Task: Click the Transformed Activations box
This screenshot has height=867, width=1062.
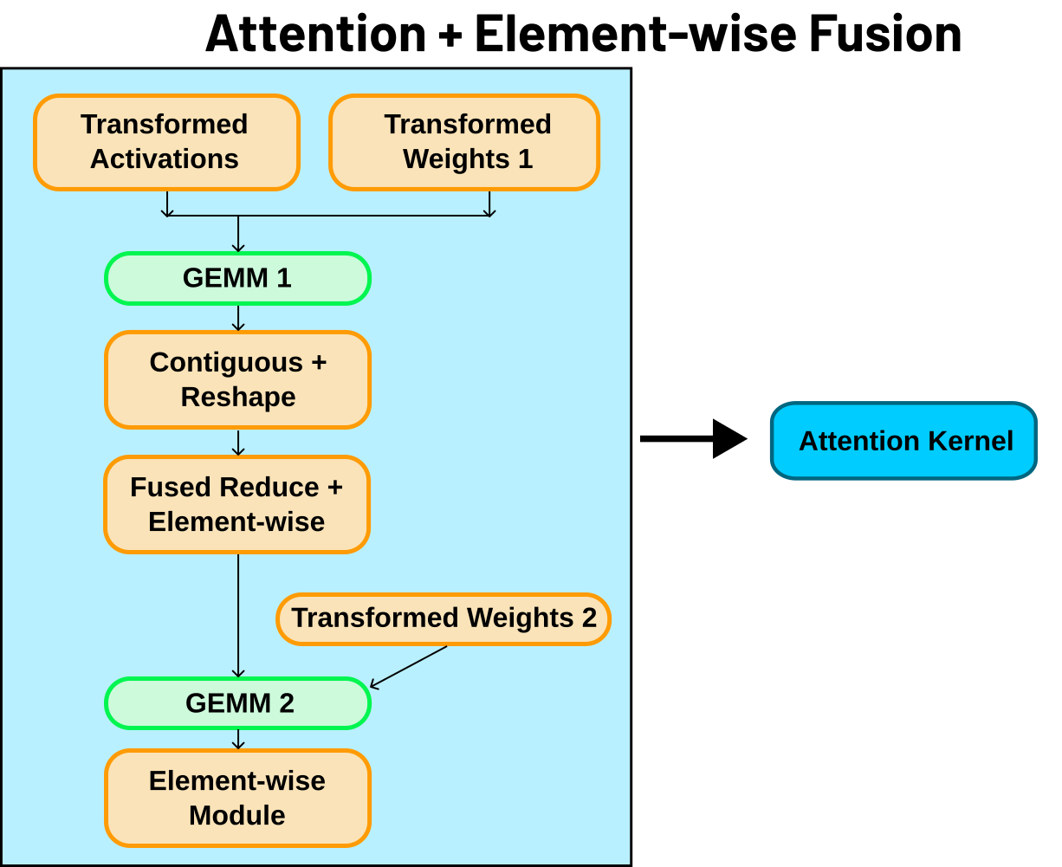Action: tap(166, 142)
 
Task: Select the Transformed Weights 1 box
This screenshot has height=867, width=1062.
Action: tap(464, 142)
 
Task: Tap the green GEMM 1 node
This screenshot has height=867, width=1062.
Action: tap(237, 278)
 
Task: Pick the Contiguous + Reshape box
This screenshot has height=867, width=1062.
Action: tap(237, 379)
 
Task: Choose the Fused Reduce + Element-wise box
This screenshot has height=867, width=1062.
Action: tap(236, 504)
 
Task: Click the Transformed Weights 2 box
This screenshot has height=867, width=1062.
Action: tap(444, 618)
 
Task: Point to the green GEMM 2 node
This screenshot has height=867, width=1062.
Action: tap(237, 703)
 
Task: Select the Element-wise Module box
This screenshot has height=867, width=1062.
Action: tap(237, 798)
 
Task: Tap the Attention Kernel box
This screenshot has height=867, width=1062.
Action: tap(903, 441)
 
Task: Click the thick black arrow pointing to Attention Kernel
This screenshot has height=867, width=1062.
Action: tap(692, 439)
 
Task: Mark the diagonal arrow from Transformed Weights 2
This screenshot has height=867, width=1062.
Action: tap(409, 667)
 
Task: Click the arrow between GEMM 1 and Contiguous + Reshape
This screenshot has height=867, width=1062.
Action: tap(238, 318)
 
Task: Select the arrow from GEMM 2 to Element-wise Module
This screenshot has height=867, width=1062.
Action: tap(238, 739)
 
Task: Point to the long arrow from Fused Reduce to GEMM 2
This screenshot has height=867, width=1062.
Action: tap(238, 615)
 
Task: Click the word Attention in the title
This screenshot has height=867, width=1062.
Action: tap(316, 35)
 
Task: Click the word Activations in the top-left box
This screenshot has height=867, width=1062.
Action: tap(165, 159)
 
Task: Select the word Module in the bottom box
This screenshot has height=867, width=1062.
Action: tap(237, 815)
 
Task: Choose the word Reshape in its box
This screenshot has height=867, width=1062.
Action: tap(238, 397)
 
